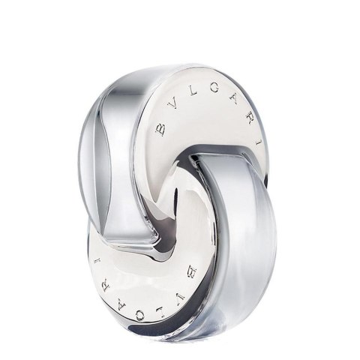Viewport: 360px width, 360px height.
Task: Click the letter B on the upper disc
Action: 160,130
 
